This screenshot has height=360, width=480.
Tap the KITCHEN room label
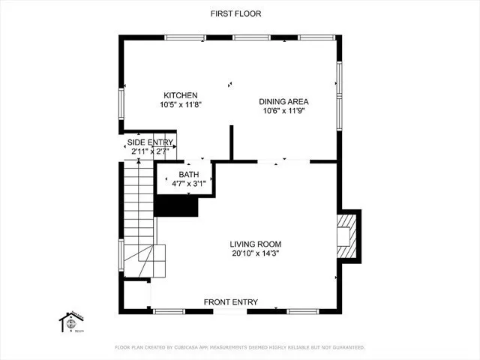[181, 95]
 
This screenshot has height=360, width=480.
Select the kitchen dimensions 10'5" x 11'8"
[181, 105]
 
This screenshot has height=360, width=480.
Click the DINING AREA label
[283, 101]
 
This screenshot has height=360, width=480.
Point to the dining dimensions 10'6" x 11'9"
[283, 111]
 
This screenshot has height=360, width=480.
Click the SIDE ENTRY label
[150, 142]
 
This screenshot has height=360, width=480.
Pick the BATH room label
[189, 174]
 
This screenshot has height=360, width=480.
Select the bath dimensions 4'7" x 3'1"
[189, 183]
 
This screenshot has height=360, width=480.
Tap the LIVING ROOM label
[255, 244]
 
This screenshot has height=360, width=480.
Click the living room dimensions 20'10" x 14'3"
[255, 253]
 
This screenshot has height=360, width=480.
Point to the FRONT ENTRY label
[231, 302]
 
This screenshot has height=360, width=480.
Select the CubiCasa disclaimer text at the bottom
[240, 347]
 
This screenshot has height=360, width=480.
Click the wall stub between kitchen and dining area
[231, 142]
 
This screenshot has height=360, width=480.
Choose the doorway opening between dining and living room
[283, 160]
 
